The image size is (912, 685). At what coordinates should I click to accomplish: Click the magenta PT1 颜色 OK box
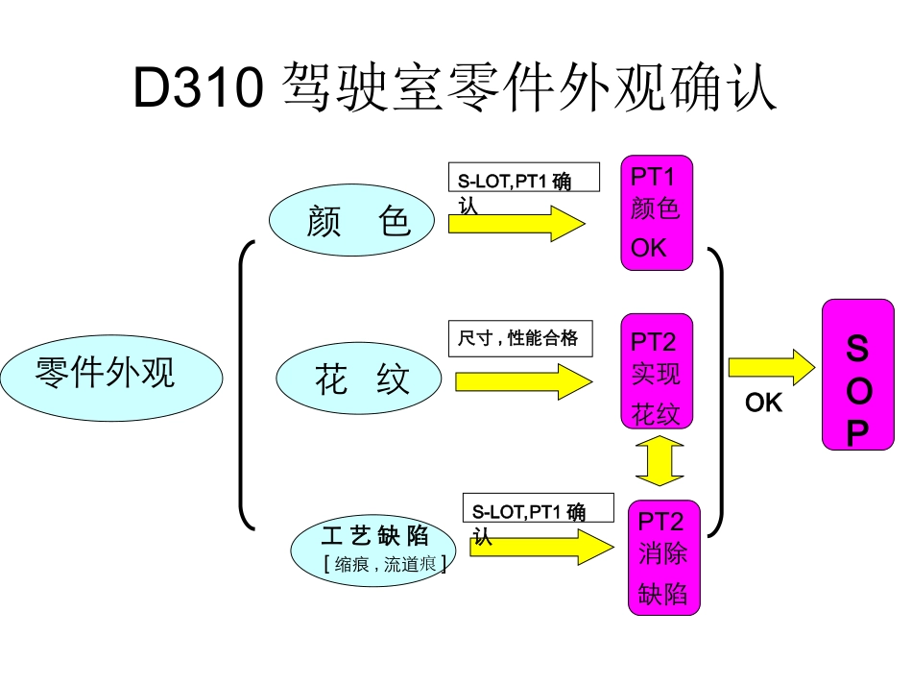(656, 212)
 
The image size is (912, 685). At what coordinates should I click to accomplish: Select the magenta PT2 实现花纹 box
(656, 371)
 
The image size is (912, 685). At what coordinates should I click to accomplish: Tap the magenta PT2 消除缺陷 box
(663, 557)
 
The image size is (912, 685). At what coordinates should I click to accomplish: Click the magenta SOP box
(857, 374)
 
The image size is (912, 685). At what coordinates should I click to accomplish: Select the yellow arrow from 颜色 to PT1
(516, 225)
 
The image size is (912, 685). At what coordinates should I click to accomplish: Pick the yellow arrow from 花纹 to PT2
(523, 381)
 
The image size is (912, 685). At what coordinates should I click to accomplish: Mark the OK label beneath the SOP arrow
(763, 404)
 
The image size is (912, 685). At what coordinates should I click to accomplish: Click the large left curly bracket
(246, 384)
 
